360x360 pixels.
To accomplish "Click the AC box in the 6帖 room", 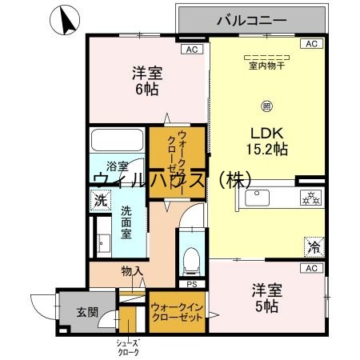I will [190, 50].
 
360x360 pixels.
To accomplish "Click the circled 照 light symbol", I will [266, 104].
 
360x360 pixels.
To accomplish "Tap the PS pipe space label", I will [190, 283].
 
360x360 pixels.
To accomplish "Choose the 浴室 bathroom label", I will [117, 167].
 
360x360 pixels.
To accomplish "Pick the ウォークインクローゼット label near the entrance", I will [176, 311].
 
